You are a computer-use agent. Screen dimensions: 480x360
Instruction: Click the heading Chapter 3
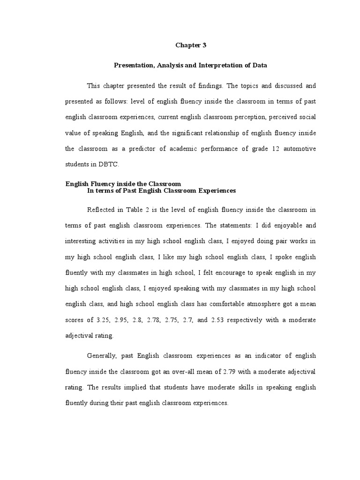(x=191, y=45)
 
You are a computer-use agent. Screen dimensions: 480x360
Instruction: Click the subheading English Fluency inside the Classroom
(x=123, y=184)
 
